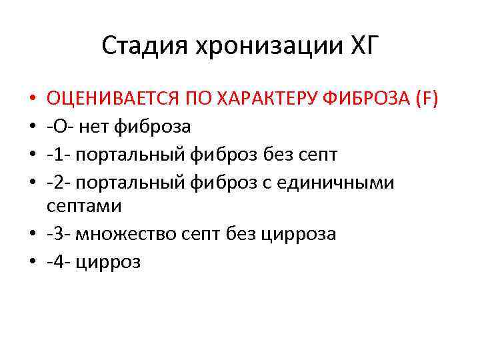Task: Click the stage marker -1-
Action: coord(59,153)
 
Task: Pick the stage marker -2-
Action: coord(59,181)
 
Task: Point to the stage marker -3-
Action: coord(59,235)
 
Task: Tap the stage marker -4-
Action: coord(59,262)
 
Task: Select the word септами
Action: coord(84,207)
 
